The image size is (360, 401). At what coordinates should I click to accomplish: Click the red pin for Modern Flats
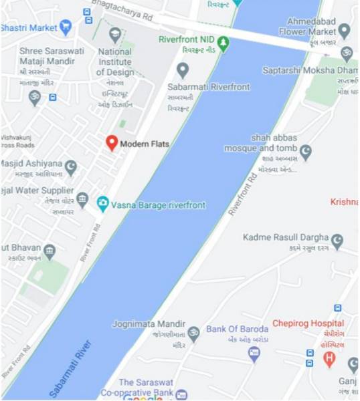[x=112, y=142]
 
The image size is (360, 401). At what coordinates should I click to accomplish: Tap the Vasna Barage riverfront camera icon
[x=102, y=205]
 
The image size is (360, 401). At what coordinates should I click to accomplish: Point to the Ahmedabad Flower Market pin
[x=344, y=30]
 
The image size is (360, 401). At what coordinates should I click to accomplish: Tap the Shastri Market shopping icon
[x=65, y=27]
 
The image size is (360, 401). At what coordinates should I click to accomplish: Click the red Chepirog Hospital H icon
[x=329, y=359]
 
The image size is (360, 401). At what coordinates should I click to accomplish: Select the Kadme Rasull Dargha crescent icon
[x=337, y=239]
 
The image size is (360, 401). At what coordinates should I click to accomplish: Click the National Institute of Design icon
[x=114, y=35]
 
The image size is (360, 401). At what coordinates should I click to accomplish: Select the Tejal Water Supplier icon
[x=82, y=199]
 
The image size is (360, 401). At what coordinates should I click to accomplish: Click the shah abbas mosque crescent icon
[x=305, y=152]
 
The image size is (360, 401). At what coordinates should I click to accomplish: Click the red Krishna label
[x=345, y=202]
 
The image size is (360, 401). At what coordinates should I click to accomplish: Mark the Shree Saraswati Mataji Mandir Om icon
[x=35, y=98]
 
